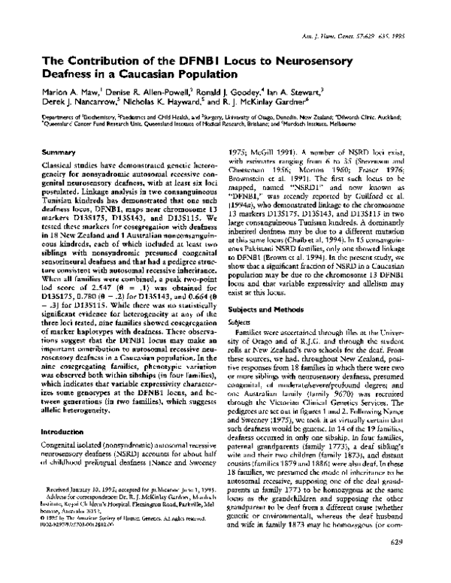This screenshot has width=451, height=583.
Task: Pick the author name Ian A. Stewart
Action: (x=301, y=93)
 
